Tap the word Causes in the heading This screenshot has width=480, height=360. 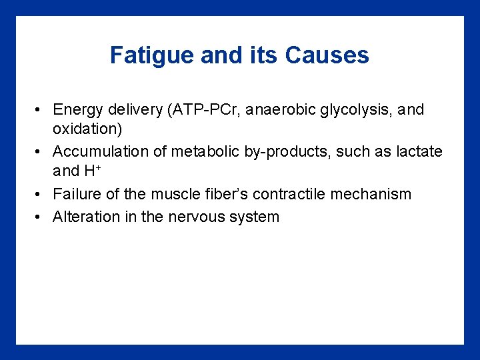click(x=327, y=55)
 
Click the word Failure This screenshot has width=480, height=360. click(x=74, y=195)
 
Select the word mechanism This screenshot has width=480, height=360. click(x=378, y=195)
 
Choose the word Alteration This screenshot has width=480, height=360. click(x=83, y=217)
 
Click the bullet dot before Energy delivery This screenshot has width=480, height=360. click(x=41, y=110)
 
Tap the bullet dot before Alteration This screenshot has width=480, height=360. click(x=41, y=217)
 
